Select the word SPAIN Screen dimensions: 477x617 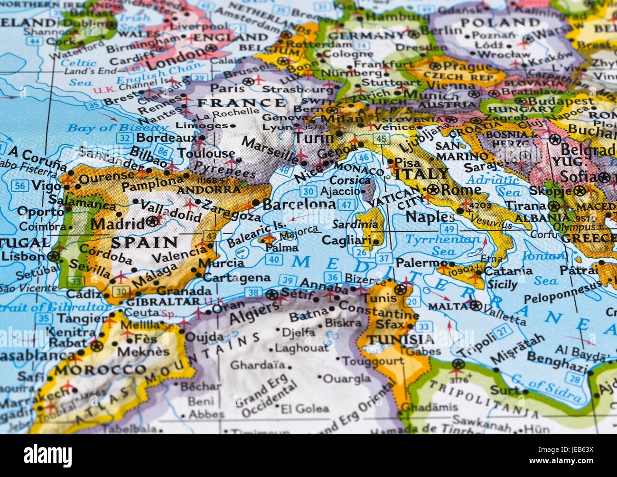click(x=144, y=243)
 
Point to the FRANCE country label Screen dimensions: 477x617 click(x=241, y=103)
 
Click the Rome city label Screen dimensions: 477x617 click(x=460, y=190)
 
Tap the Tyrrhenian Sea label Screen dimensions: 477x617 click(x=442, y=244)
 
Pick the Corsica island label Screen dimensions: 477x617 click(x=350, y=180)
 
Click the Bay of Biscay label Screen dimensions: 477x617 click(x=117, y=128)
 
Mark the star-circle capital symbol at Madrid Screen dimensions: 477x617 click(x=153, y=221)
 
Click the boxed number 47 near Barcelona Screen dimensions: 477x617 click(x=347, y=205)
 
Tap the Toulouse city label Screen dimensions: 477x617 click(x=206, y=153)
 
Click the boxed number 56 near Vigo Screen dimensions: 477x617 click(x=19, y=186)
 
